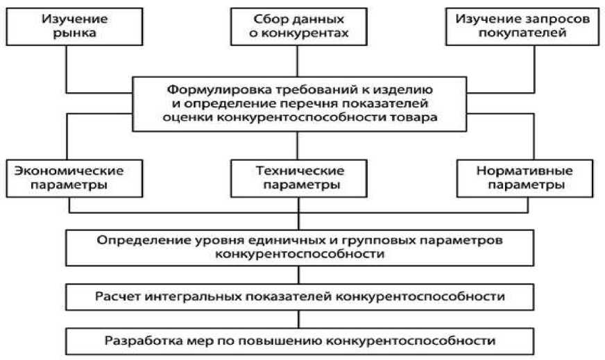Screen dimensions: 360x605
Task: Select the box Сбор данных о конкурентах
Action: pos(298,26)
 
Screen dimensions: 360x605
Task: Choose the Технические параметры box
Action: pos(298,178)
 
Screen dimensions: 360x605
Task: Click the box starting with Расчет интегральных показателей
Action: pos(299,297)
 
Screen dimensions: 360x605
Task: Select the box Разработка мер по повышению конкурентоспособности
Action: pos(299,341)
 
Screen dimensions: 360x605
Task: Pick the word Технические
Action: pos(298,171)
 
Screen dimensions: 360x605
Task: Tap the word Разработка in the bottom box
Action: pos(136,341)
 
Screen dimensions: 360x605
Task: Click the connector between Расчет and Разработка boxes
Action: pos(299,319)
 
